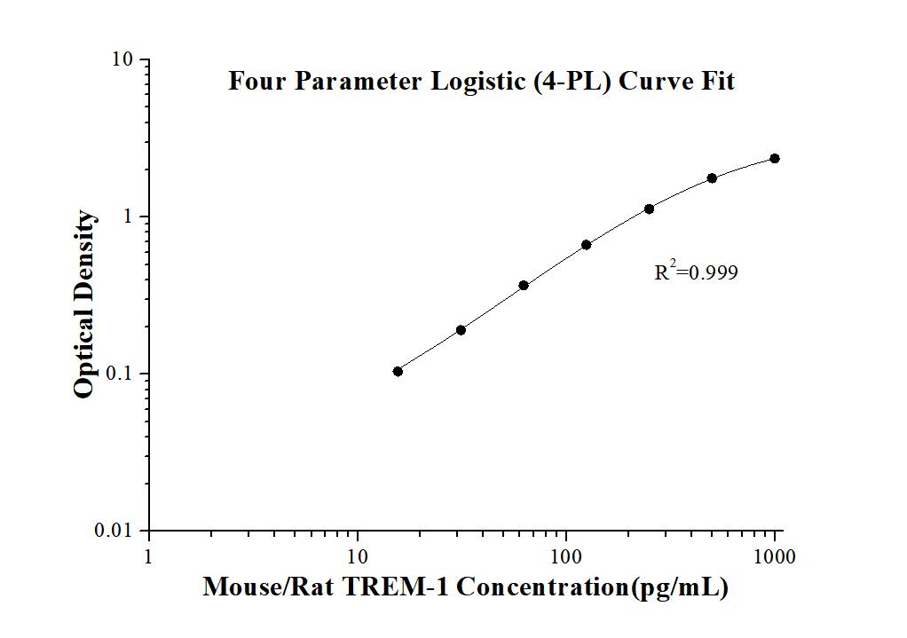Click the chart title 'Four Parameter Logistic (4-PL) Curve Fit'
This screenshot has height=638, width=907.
pos(481,82)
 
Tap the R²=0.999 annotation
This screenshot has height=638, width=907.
pos(696,272)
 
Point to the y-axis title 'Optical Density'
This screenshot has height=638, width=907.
pos(84,304)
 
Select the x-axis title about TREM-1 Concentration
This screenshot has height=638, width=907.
pos(465,587)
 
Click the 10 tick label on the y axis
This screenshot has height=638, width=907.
pos(122,59)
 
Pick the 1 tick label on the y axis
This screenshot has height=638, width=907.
pos(128,217)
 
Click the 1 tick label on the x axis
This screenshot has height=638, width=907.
pos(148,557)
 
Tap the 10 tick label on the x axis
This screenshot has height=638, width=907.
pos(358,557)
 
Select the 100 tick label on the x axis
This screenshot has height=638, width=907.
pos(566,557)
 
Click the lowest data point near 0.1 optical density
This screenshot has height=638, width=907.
pos(398,371)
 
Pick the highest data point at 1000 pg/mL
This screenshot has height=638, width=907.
pos(775,158)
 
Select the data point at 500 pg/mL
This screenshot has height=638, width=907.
pos(712,178)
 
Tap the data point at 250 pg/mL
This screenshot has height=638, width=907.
pos(649,209)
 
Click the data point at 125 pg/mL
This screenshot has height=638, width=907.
pos(586,245)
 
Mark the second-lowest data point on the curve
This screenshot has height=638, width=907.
pos(461,330)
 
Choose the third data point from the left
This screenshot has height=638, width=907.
pos(524,285)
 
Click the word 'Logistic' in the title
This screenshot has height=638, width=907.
pos(476,82)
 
